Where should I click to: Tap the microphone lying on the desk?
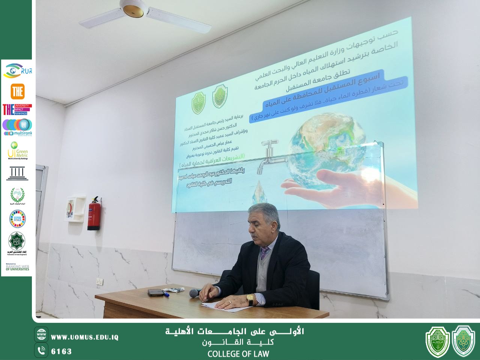coord(194,293)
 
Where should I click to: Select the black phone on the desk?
coord(155,292)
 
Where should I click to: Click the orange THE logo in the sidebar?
coord(17,91)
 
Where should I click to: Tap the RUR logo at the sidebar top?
coord(17,70)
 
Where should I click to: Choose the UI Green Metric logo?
coord(17,150)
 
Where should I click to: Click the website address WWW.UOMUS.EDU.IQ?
coord(84,337)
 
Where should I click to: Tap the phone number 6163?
coord(61,351)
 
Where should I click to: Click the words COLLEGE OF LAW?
coord(238,354)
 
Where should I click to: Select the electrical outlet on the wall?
coord(99,282)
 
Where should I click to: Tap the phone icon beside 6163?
coord(41,351)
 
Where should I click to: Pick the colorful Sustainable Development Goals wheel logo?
coord(17,219)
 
